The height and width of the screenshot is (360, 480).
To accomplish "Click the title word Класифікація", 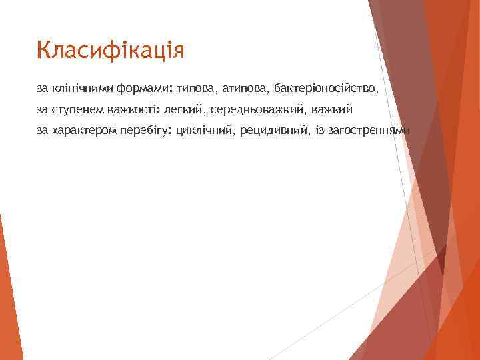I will [x=111, y=51].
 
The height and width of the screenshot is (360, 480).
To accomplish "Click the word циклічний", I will [x=203, y=130].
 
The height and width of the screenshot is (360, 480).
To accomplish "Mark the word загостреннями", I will [x=369, y=130].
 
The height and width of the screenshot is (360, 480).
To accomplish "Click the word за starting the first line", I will [x=43, y=87].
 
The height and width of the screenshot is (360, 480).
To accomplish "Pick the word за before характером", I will [x=43, y=130].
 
